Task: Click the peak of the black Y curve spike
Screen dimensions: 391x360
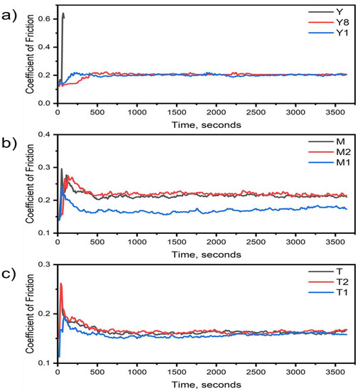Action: pos(64,13)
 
